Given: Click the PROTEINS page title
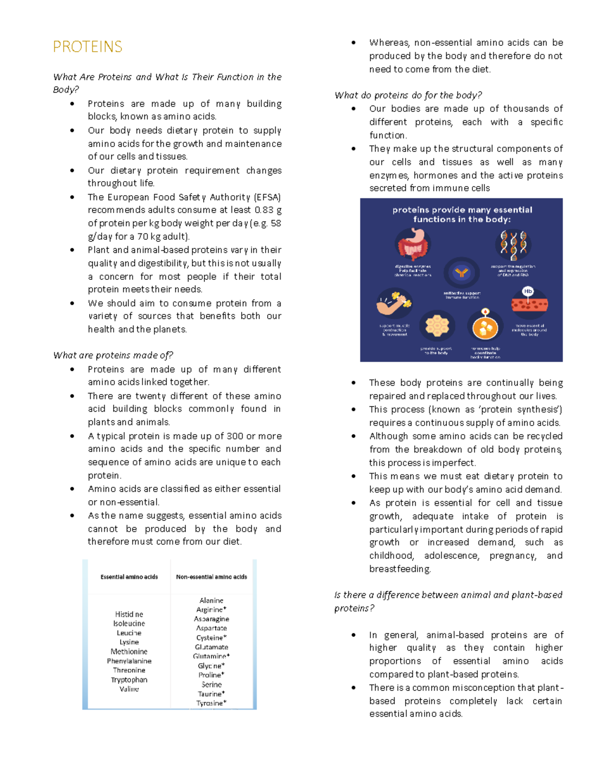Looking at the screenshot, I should pos(87,47).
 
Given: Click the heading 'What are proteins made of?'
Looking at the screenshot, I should pos(113,355).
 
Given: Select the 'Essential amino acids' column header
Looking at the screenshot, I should pos(129,577).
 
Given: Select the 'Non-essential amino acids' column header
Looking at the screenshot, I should pos(211,577).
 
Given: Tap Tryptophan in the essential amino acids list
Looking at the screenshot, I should pos(129,679).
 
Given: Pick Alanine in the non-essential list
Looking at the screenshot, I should pos(211,600).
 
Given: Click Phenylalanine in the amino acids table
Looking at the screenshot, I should pos(129,661).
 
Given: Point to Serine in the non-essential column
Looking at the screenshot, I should pos(211,684).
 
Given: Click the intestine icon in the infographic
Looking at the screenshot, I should pos(413,244).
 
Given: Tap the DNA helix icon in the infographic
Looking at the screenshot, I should pos(513,244).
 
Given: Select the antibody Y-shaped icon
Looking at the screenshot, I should pos(461,273).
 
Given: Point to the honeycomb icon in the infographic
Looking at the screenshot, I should pos(437,326).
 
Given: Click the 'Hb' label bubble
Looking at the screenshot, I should pos(528,291).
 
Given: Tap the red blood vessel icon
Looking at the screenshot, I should pos(529,304).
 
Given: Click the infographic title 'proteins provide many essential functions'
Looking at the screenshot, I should pos(462,215).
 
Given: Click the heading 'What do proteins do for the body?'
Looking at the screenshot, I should pos(408,95).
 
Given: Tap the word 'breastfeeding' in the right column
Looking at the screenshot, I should pos(400,569).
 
